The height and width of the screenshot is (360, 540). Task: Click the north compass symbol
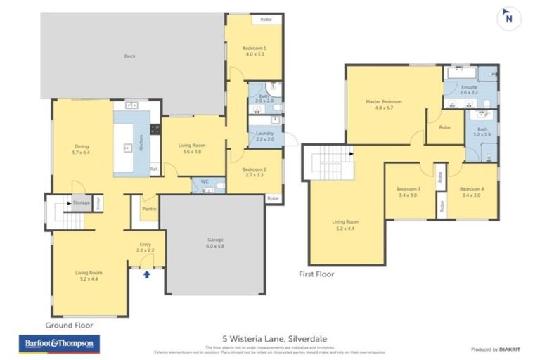[508, 19]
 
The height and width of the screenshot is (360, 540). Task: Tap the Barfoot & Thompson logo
[59, 344]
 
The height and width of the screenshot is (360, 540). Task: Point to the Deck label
[129, 56]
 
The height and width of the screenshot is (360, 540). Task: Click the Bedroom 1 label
[254, 48]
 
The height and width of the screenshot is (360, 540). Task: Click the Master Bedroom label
[383, 102]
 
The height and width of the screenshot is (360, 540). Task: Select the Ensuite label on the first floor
[469, 87]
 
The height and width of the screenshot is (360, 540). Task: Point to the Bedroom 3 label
[408, 189]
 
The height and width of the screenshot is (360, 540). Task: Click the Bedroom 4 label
[472, 189]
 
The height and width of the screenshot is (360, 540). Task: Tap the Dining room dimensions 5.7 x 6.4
[82, 153]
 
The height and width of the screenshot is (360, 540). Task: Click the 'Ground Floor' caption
[69, 326]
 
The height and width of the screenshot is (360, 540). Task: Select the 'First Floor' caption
[316, 274]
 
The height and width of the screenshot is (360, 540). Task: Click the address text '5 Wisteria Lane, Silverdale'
[270, 338]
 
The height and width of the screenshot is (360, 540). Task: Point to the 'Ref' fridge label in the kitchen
[153, 169]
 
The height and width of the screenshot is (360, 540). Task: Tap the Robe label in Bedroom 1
[266, 20]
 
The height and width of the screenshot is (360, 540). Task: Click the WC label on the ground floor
[205, 181]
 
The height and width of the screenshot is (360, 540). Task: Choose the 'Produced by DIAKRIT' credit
[495, 349]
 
